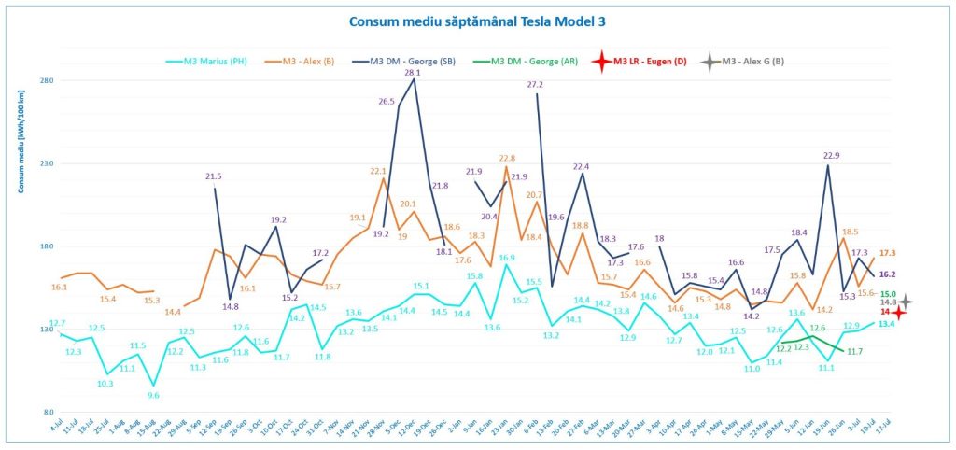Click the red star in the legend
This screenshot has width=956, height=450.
[602, 63]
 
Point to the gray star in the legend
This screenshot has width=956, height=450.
[710, 63]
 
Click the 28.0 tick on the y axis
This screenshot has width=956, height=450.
[47, 80]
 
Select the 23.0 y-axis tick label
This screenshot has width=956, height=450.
[47, 163]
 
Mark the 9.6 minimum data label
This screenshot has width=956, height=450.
[153, 396]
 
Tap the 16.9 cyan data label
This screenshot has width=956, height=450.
[506, 258]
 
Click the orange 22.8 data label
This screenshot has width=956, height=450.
[507, 159]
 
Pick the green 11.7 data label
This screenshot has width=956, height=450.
[854, 351]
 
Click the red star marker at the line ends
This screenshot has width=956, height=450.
[898, 313]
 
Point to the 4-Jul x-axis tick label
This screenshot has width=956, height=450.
[56, 432]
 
